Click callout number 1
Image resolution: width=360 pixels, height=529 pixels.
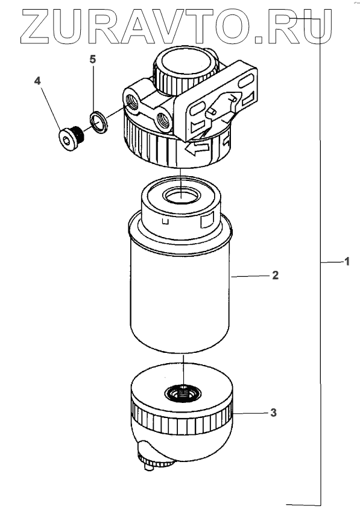(x=347, y=261)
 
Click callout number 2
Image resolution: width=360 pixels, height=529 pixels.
(x=276, y=275)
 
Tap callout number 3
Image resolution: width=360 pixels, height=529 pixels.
(x=273, y=412)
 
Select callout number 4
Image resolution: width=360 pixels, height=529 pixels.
(x=37, y=81)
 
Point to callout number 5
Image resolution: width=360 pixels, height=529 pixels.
(x=92, y=59)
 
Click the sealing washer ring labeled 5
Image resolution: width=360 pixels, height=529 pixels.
(x=99, y=122)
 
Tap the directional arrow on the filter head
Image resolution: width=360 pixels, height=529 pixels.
(x=197, y=148)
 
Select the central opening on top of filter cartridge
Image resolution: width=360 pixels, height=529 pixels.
(x=182, y=195)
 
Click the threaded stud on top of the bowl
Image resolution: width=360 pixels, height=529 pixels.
(x=183, y=392)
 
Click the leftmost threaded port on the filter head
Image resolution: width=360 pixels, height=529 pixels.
(x=132, y=101)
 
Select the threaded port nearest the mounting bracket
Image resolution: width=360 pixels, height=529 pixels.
(x=163, y=121)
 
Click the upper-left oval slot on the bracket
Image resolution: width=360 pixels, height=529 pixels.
(x=197, y=110)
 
